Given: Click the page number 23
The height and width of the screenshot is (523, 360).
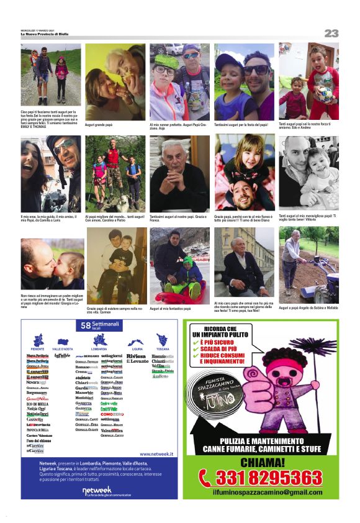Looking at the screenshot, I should [331, 33].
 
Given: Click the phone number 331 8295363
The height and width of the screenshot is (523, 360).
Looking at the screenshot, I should [269, 477].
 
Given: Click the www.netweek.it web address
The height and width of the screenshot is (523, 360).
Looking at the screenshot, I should [156, 454].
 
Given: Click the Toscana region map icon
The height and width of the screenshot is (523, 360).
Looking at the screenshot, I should [163, 340].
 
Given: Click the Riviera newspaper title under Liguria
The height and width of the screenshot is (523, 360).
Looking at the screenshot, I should [137, 357].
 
